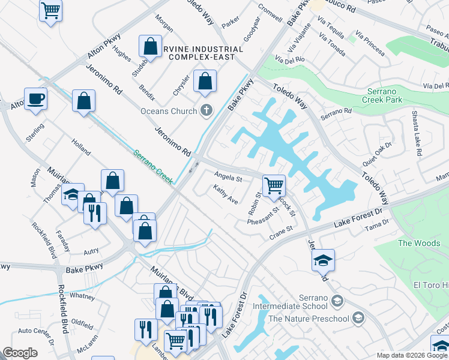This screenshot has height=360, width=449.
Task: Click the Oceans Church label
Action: [169, 111]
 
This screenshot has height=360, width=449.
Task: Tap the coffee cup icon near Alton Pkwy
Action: [35, 98]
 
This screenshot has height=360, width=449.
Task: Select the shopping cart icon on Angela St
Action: [274, 185]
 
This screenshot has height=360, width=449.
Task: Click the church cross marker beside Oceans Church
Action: [206, 110]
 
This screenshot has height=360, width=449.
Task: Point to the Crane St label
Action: [280, 231]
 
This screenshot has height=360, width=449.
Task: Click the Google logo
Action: [20, 353]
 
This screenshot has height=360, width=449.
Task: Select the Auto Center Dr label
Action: [36, 334]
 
